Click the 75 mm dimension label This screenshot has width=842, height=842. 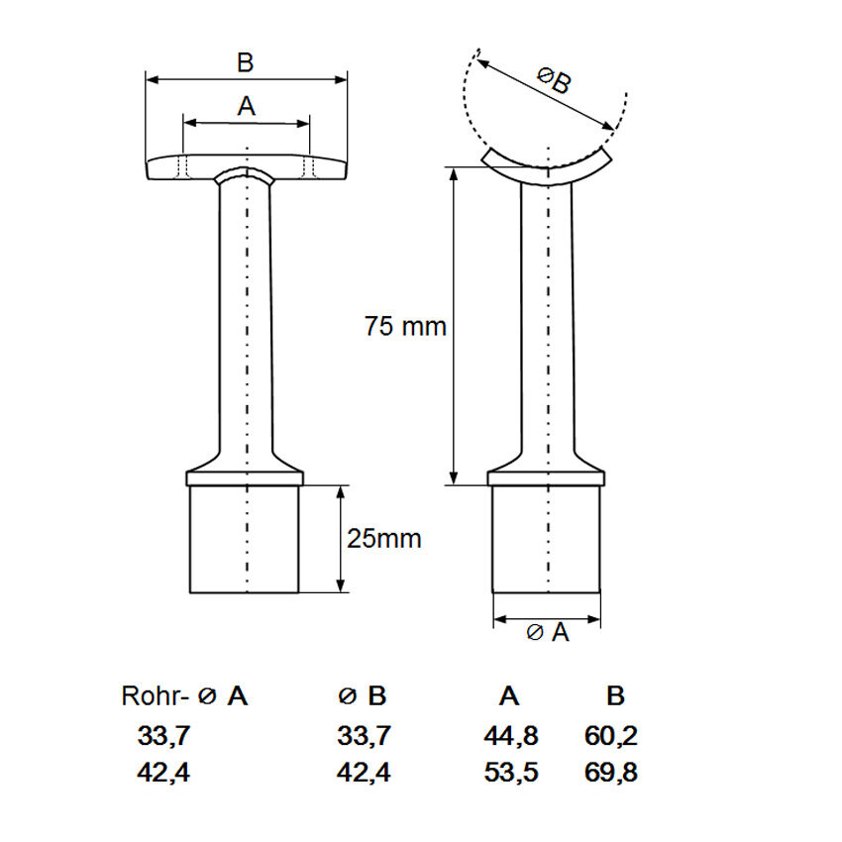(405, 326)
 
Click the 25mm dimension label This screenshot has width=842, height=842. (384, 539)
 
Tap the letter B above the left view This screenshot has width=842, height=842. (246, 62)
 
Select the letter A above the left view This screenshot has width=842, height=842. (246, 106)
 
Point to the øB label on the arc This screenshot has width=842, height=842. (554, 80)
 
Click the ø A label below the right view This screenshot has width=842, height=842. (547, 632)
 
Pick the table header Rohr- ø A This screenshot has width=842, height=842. (184, 696)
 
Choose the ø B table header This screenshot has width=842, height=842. (363, 696)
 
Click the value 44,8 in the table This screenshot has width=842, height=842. (511, 735)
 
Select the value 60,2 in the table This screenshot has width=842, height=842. (611, 735)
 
